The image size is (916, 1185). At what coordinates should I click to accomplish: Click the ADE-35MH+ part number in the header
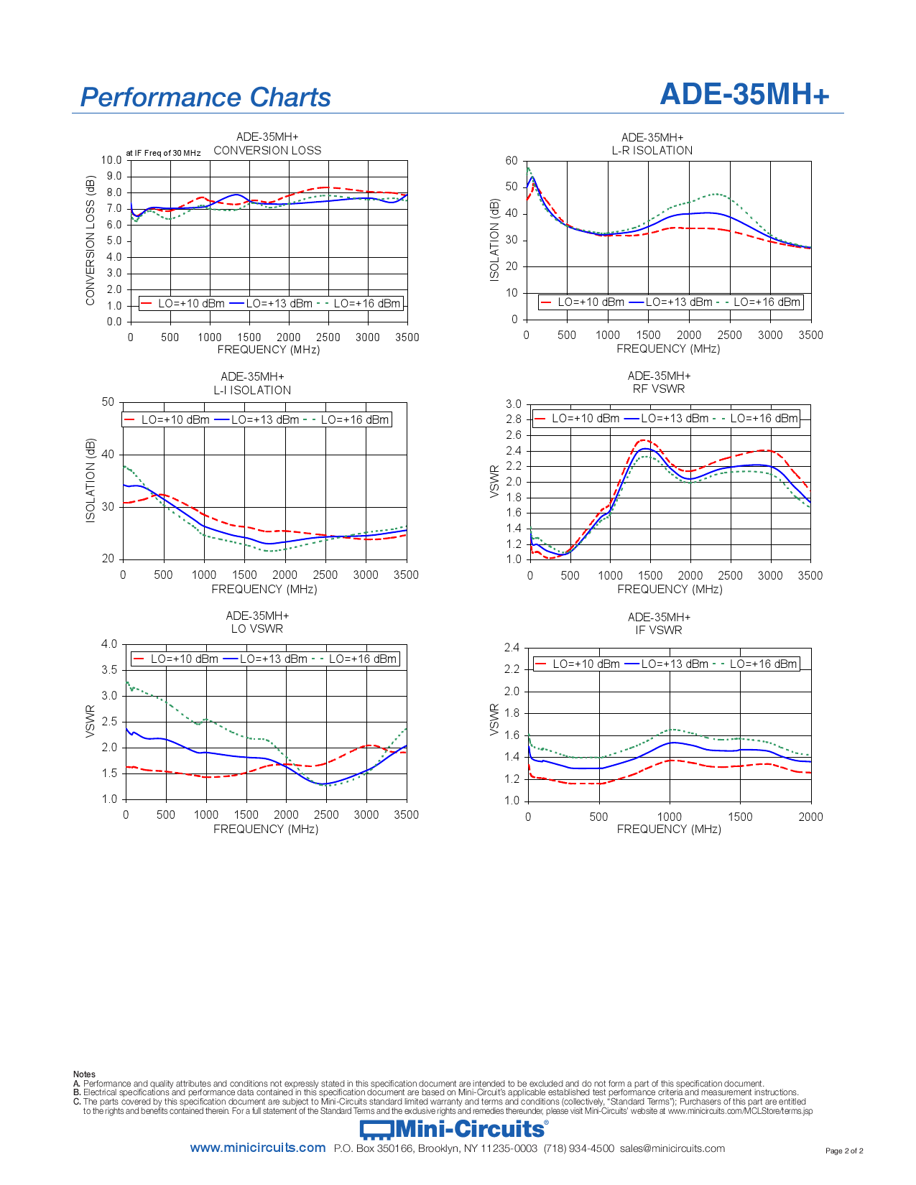pos(744,94)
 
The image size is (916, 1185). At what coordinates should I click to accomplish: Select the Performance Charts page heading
pos(205,97)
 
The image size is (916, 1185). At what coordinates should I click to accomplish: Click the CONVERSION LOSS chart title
pos(267,150)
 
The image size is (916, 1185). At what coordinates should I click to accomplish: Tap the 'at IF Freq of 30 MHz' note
pos(163,153)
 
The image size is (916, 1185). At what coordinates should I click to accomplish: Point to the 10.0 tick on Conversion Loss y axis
pos(111,160)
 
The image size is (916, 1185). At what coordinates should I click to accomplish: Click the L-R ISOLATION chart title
pos(652,150)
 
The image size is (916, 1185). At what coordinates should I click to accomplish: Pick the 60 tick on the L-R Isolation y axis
pos(512,161)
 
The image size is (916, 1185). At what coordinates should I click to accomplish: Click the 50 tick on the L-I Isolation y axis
pos(108,402)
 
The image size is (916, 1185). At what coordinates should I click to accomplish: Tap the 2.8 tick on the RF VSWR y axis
pos(514,419)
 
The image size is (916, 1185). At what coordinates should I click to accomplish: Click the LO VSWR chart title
pos(257,628)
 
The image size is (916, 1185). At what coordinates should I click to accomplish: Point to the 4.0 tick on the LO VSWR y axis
pos(109,644)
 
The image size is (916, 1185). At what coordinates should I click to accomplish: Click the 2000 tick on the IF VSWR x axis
pos(811,817)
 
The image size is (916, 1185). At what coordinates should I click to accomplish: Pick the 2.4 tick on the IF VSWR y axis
pos(512,648)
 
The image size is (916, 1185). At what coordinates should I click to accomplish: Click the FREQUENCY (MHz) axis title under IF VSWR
pos(669,829)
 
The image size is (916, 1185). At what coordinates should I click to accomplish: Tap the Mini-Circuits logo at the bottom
pos(453,1129)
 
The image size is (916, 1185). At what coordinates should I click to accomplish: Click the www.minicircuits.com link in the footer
pos(258,1148)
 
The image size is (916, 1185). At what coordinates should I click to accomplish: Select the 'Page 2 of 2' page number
pos(844,1151)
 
